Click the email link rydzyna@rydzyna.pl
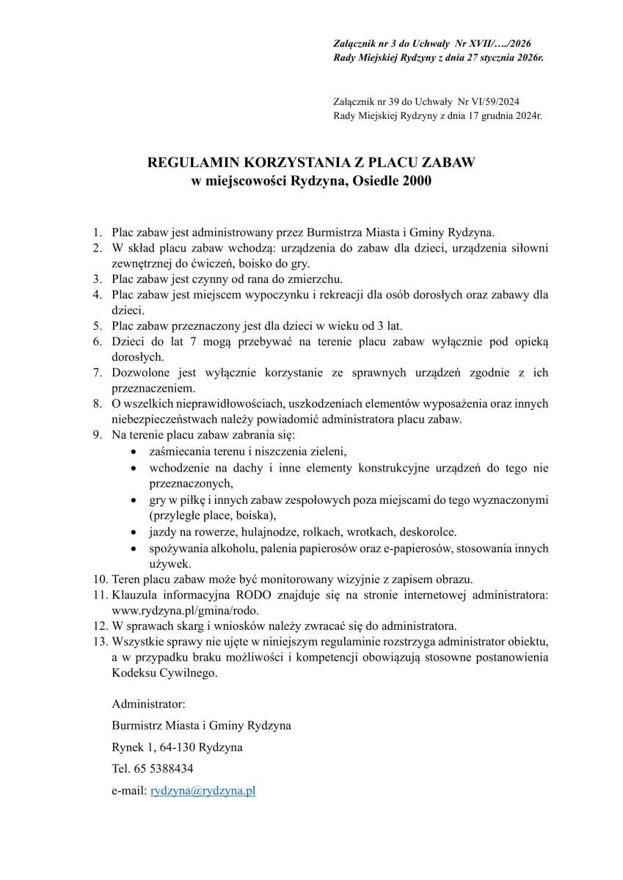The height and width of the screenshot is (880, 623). pos(203,791)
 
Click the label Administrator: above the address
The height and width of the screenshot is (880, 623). pos(148,703)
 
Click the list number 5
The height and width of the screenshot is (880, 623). pos(97,326)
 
